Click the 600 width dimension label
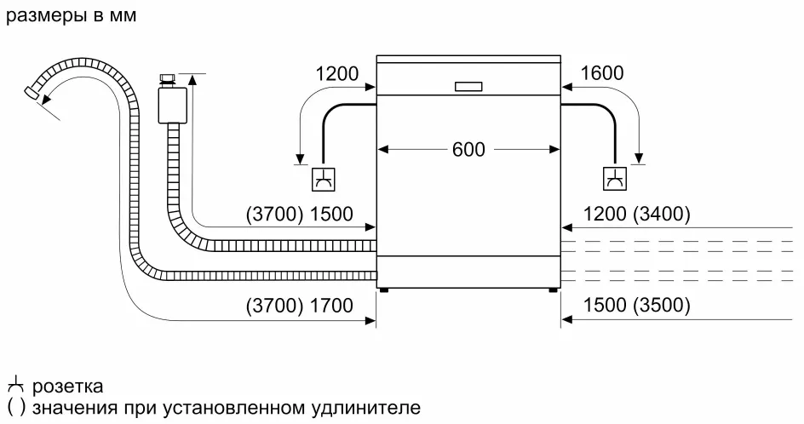click(468, 150)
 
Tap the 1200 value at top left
click(337, 73)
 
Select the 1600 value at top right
click(602, 73)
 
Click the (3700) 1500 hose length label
click(299, 214)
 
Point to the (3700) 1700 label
click(299, 306)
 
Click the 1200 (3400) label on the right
click(636, 214)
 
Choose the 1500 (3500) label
click(636, 306)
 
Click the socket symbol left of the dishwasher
click(324, 179)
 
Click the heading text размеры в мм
click(71, 16)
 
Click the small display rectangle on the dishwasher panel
click(468, 86)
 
